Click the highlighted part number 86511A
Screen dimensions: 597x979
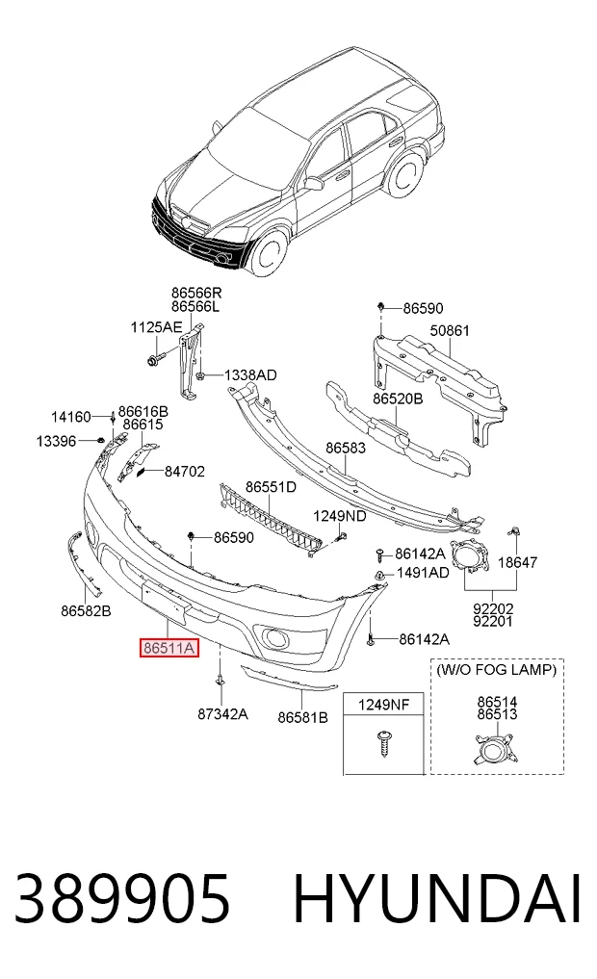[x=169, y=648]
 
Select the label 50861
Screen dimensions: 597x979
[x=450, y=330]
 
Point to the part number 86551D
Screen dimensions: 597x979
[x=271, y=487]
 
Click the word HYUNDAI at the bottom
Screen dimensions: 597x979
[x=437, y=899]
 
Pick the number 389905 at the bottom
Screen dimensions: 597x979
[x=123, y=899]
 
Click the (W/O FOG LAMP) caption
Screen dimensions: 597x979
[x=497, y=671]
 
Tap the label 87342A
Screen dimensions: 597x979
[x=222, y=713]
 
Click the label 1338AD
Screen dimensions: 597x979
[x=250, y=375]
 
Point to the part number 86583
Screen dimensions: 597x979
[x=346, y=449]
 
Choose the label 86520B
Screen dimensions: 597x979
[x=398, y=399]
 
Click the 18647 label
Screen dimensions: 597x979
[x=517, y=562]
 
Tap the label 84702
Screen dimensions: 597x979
[x=184, y=472]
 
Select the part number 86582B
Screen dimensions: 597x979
[x=86, y=611]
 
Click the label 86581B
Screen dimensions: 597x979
[x=302, y=717]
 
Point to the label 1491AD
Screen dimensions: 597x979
[x=423, y=573]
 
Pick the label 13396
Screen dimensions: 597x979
[x=56, y=442]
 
